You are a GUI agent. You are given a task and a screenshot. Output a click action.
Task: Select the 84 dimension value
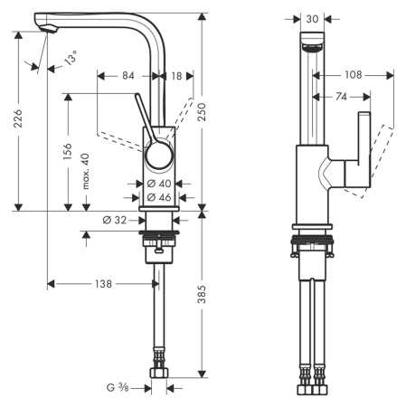coord(129,76)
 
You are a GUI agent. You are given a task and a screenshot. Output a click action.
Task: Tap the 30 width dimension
coord(312,17)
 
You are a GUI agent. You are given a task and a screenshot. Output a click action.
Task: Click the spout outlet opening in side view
coord(311,47)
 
